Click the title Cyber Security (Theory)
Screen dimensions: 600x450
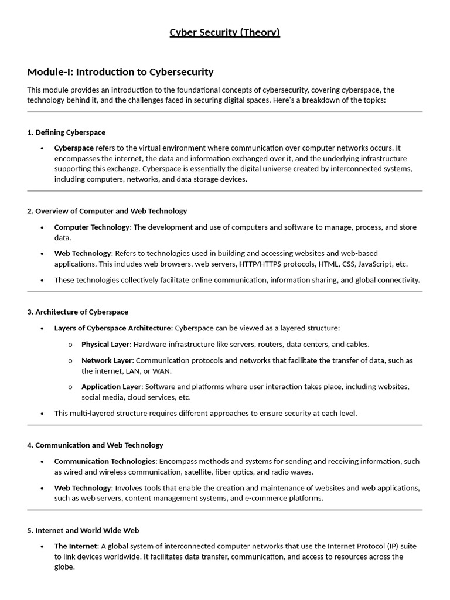click(x=225, y=32)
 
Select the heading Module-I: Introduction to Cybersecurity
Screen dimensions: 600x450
click(x=120, y=72)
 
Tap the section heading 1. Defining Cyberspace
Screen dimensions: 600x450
click(x=66, y=132)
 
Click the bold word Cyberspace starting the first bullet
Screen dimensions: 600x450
click(x=74, y=148)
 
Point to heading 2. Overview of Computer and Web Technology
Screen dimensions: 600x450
click(x=107, y=211)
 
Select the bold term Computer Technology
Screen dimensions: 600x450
click(x=91, y=227)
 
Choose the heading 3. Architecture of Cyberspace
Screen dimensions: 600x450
click(x=77, y=312)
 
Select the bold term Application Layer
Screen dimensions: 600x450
click(x=111, y=387)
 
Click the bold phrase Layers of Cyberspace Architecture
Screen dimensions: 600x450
click(x=113, y=328)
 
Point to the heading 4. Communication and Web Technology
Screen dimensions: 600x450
click(x=95, y=445)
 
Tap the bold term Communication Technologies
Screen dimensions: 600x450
click(x=105, y=462)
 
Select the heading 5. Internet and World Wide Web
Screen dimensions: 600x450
click(x=83, y=530)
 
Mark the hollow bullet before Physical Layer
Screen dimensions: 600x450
click(x=70, y=345)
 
